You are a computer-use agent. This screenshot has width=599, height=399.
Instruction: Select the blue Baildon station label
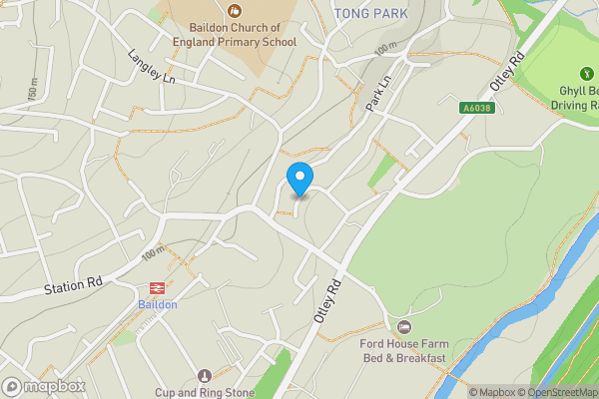click(158, 304)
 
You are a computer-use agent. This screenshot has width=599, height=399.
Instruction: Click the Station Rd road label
click(73, 287)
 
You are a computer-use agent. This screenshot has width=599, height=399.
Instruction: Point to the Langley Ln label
click(151, 67)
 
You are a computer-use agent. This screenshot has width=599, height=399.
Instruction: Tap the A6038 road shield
click(477, 108)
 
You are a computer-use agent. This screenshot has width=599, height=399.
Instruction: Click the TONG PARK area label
click(371, 13)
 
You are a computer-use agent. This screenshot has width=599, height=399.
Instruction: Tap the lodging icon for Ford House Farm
click(403, 327)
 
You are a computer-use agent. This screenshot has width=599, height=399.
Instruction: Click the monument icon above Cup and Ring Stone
click(205, 376)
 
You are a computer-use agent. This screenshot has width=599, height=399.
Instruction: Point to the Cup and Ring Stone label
click(205, 392)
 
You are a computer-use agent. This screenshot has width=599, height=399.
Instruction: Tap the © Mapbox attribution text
click(492, 392)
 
